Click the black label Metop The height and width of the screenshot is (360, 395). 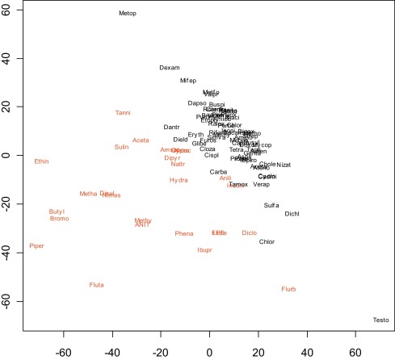pyautogui.click(x=128, y=14)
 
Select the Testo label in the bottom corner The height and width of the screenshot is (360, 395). pyautogui.click(x=380, y=320)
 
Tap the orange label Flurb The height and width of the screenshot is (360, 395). pyautogui.click(x=288, y=289)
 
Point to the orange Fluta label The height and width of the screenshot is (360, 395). pyautogui.click(x=97, y=285)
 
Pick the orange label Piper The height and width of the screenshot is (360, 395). pyautogui.click(x=37, y=245)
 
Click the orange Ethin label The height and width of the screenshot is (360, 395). pyautogui.click(x=41, y=161)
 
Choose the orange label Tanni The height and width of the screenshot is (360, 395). pyautogui.click(x=123, y=113)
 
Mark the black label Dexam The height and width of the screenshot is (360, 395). pyautogui.click(x=169, y=68)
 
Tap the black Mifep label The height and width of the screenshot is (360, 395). pyautogui.click(x=187, y=81)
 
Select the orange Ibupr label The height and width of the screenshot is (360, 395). pyautogui.click(x=204, y=250)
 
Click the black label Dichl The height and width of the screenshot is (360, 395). pyautogui.click(x=292, y=214)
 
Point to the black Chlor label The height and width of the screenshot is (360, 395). pyautogui.click(x=267, y=241)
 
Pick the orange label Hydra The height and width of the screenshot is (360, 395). pyautogui.click(x=179, y=180)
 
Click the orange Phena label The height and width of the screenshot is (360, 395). pyautogui.click(x=184, y=233)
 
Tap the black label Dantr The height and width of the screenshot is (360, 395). pyautogui.click(x=171, y=127)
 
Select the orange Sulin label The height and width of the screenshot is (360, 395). pyautogui.click(x=121, y=147)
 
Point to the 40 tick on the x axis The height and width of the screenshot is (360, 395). pyautogui.click(x=307, y=352)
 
